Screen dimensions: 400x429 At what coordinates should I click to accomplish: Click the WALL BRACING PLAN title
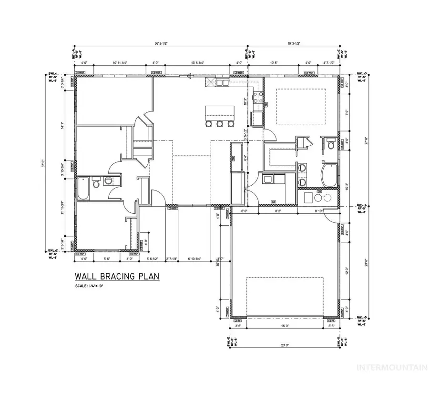[x=116, y=276]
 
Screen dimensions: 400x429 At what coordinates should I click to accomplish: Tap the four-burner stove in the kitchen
[x=258, y=98]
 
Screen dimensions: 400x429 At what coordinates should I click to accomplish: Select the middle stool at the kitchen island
[x=220, y=124]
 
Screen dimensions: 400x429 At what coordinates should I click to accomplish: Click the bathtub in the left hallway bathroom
[x=83, y=187]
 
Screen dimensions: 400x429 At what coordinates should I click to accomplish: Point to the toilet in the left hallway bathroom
[x=96, y=183]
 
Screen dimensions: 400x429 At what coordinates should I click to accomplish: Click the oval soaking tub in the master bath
[x=329, y=175]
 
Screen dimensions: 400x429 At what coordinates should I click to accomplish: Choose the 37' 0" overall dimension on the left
[x=43, y=163]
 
